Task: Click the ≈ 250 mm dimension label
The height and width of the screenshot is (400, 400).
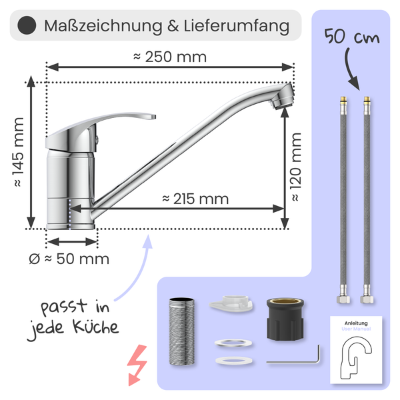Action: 170,57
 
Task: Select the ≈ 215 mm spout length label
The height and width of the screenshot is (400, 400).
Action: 195,199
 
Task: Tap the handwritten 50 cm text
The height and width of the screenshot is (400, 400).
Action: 349,37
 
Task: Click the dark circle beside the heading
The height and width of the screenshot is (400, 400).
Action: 25,27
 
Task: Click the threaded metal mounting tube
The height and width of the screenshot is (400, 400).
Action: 180,330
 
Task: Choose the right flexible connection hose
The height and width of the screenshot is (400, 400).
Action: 366,200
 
